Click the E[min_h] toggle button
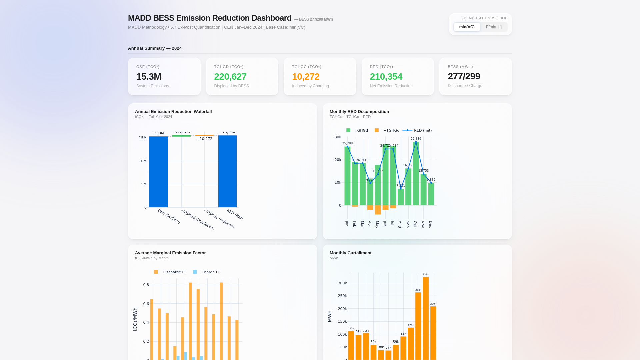[x=494, y=27]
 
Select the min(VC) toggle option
[x=467, y=27]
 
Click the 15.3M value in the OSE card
[x=149, y=77]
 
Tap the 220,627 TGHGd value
[x=230, y=77]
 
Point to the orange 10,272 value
[x=306, y=77]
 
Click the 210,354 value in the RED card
[x=386, y=77]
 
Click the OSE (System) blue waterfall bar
[x=158, y=172]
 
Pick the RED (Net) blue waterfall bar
[x=227, y=172]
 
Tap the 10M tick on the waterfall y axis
[x=143, y=161]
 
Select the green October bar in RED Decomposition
[x=416, y=173]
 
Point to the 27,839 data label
[x=416, y=139]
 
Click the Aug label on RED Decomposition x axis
[x=400, y=224]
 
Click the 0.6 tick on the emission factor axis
[x=146, y=304]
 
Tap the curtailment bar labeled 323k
[x=426, y=318]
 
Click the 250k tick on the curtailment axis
[x=342, y=296]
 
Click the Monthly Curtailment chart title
[x=350, y=253]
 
